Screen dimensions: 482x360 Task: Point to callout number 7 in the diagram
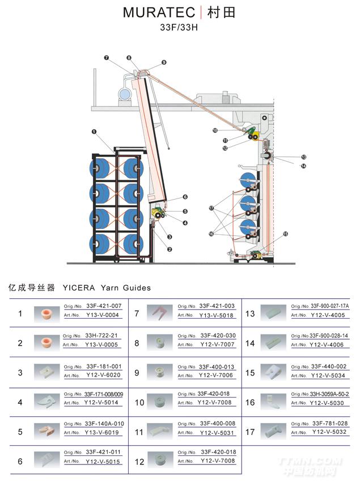(x=106, y=58)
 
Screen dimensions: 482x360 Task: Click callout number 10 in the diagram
(x=215, y=130)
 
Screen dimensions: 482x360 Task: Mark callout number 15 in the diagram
(x=285, y=234)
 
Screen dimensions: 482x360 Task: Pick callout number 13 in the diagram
(x=303, y=157)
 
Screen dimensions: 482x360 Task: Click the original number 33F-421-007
(x=104, y=306)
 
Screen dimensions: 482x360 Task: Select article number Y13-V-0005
(x=102, y=344)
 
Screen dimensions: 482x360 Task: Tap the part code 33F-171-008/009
(x=103, y=394)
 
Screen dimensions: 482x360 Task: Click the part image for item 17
(x=273, y=429)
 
